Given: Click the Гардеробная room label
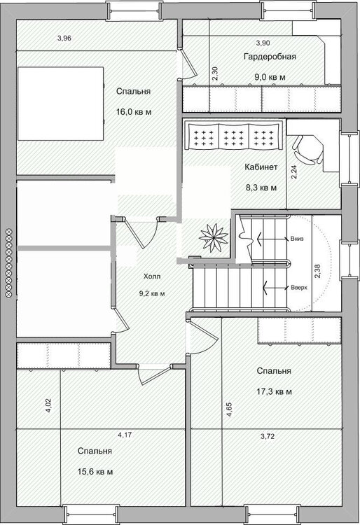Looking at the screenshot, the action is (270, 57).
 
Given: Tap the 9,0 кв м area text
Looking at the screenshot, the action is (270, 77).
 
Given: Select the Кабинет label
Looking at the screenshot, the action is (261, 167).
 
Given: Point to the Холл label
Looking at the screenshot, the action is (152, 276).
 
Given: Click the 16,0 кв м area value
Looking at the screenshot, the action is (134, 112).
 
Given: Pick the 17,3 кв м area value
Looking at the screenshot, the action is (275, 391).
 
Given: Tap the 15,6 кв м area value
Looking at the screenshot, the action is (95, 472).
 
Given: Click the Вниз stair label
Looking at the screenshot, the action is (297, 239).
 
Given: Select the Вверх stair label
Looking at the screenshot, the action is (299, 288).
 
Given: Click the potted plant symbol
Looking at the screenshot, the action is (214, 238).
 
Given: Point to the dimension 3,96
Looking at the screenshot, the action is (64, 38).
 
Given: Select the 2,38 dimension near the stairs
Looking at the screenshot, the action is (317, 271).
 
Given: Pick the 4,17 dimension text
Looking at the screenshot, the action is (125, 435).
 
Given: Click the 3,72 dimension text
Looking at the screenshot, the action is (268, 436).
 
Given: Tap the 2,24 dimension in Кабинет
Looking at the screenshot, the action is (293, 172).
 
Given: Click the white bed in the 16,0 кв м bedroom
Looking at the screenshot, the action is (60, 104).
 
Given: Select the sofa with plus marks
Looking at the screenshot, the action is (233, 136).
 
